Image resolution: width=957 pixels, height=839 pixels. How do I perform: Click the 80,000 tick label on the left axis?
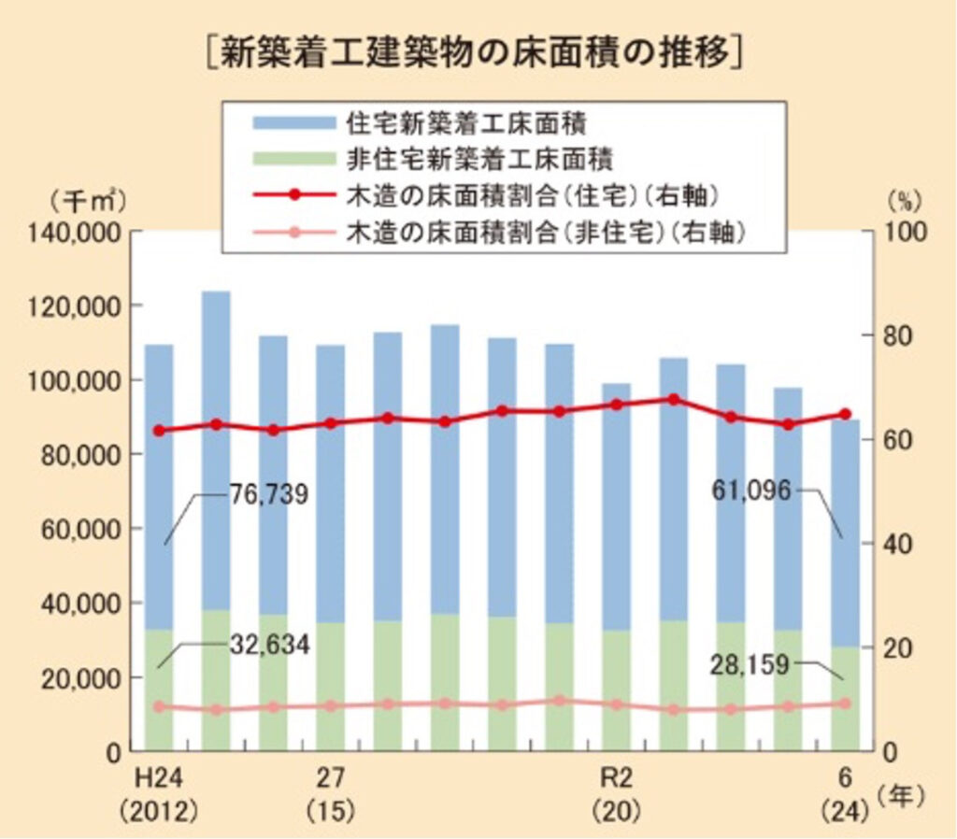click(83, 454)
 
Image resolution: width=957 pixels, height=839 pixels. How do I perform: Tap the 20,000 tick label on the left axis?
click(83, 677)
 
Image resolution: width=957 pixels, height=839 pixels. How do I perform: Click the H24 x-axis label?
click(158, 777)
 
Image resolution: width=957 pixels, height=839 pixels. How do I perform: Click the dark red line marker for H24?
click(159, 431)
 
